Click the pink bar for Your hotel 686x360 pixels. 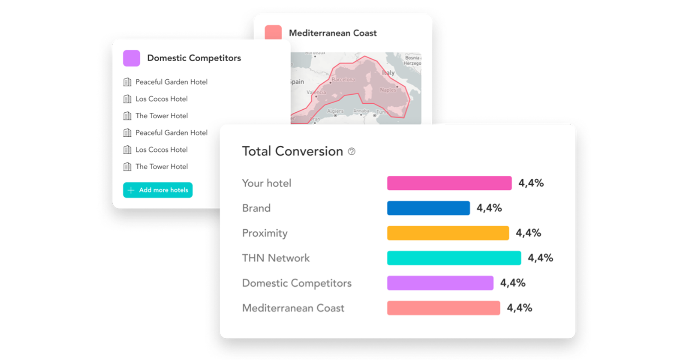[449, 183]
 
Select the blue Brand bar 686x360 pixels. [428, 208]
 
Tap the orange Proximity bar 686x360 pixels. [448, 233]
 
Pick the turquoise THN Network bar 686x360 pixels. [454, 258]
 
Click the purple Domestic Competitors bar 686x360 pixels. [440, 283]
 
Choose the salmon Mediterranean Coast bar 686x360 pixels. [443, 308]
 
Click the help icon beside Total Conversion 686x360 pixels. [352, 151]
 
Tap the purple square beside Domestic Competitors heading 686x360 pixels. [132, 58]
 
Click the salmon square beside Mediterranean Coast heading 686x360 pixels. [273, 33]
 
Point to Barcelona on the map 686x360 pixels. [343, 80]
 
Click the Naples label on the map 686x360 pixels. [388, 90]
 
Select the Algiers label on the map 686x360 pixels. [335, 111]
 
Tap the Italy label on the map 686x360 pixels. [388, 73]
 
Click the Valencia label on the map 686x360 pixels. [316, 93]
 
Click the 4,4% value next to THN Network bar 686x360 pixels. [540, 258]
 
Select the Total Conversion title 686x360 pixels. [292, 151]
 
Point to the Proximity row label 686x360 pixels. [265, 233]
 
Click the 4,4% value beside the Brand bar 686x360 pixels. [489, 208]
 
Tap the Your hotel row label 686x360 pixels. [267, 183]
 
